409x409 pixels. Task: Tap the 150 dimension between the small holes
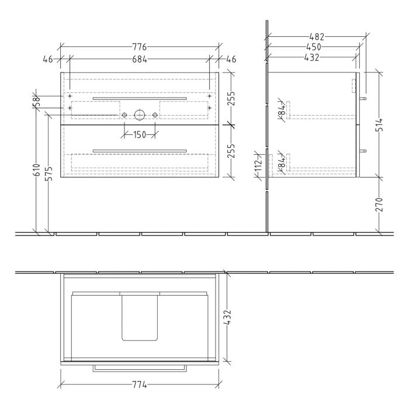click(x=139, y=136)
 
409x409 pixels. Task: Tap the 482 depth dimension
click(x=317, y=37)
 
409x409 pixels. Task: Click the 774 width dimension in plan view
click(x=138, y=386)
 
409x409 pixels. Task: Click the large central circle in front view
click(x=139, y=115)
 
